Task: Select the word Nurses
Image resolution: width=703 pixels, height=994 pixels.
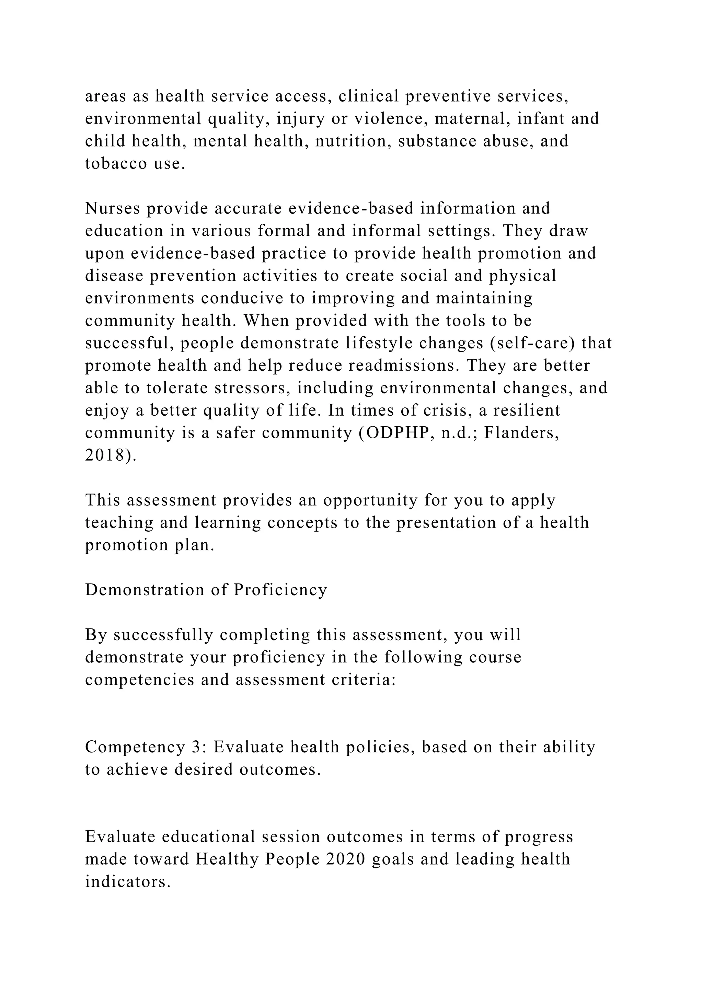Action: [x=113, y=208]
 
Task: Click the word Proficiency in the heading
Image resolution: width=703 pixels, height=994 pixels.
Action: [x=280, y=590]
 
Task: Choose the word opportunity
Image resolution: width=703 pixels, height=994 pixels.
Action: [x=370, y=500]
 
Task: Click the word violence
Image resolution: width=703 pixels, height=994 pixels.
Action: [x=388, y=119]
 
